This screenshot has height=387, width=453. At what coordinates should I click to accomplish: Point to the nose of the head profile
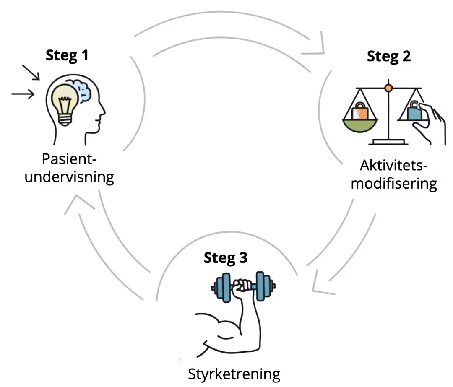click(104, 112)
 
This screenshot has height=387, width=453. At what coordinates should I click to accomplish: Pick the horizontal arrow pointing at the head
click(23, 94)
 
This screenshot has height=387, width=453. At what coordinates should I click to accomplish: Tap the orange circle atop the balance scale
click(388, 88)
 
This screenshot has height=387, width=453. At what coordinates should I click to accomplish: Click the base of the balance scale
click(388, 143)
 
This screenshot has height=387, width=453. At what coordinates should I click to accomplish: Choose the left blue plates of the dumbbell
click(221, 288)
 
